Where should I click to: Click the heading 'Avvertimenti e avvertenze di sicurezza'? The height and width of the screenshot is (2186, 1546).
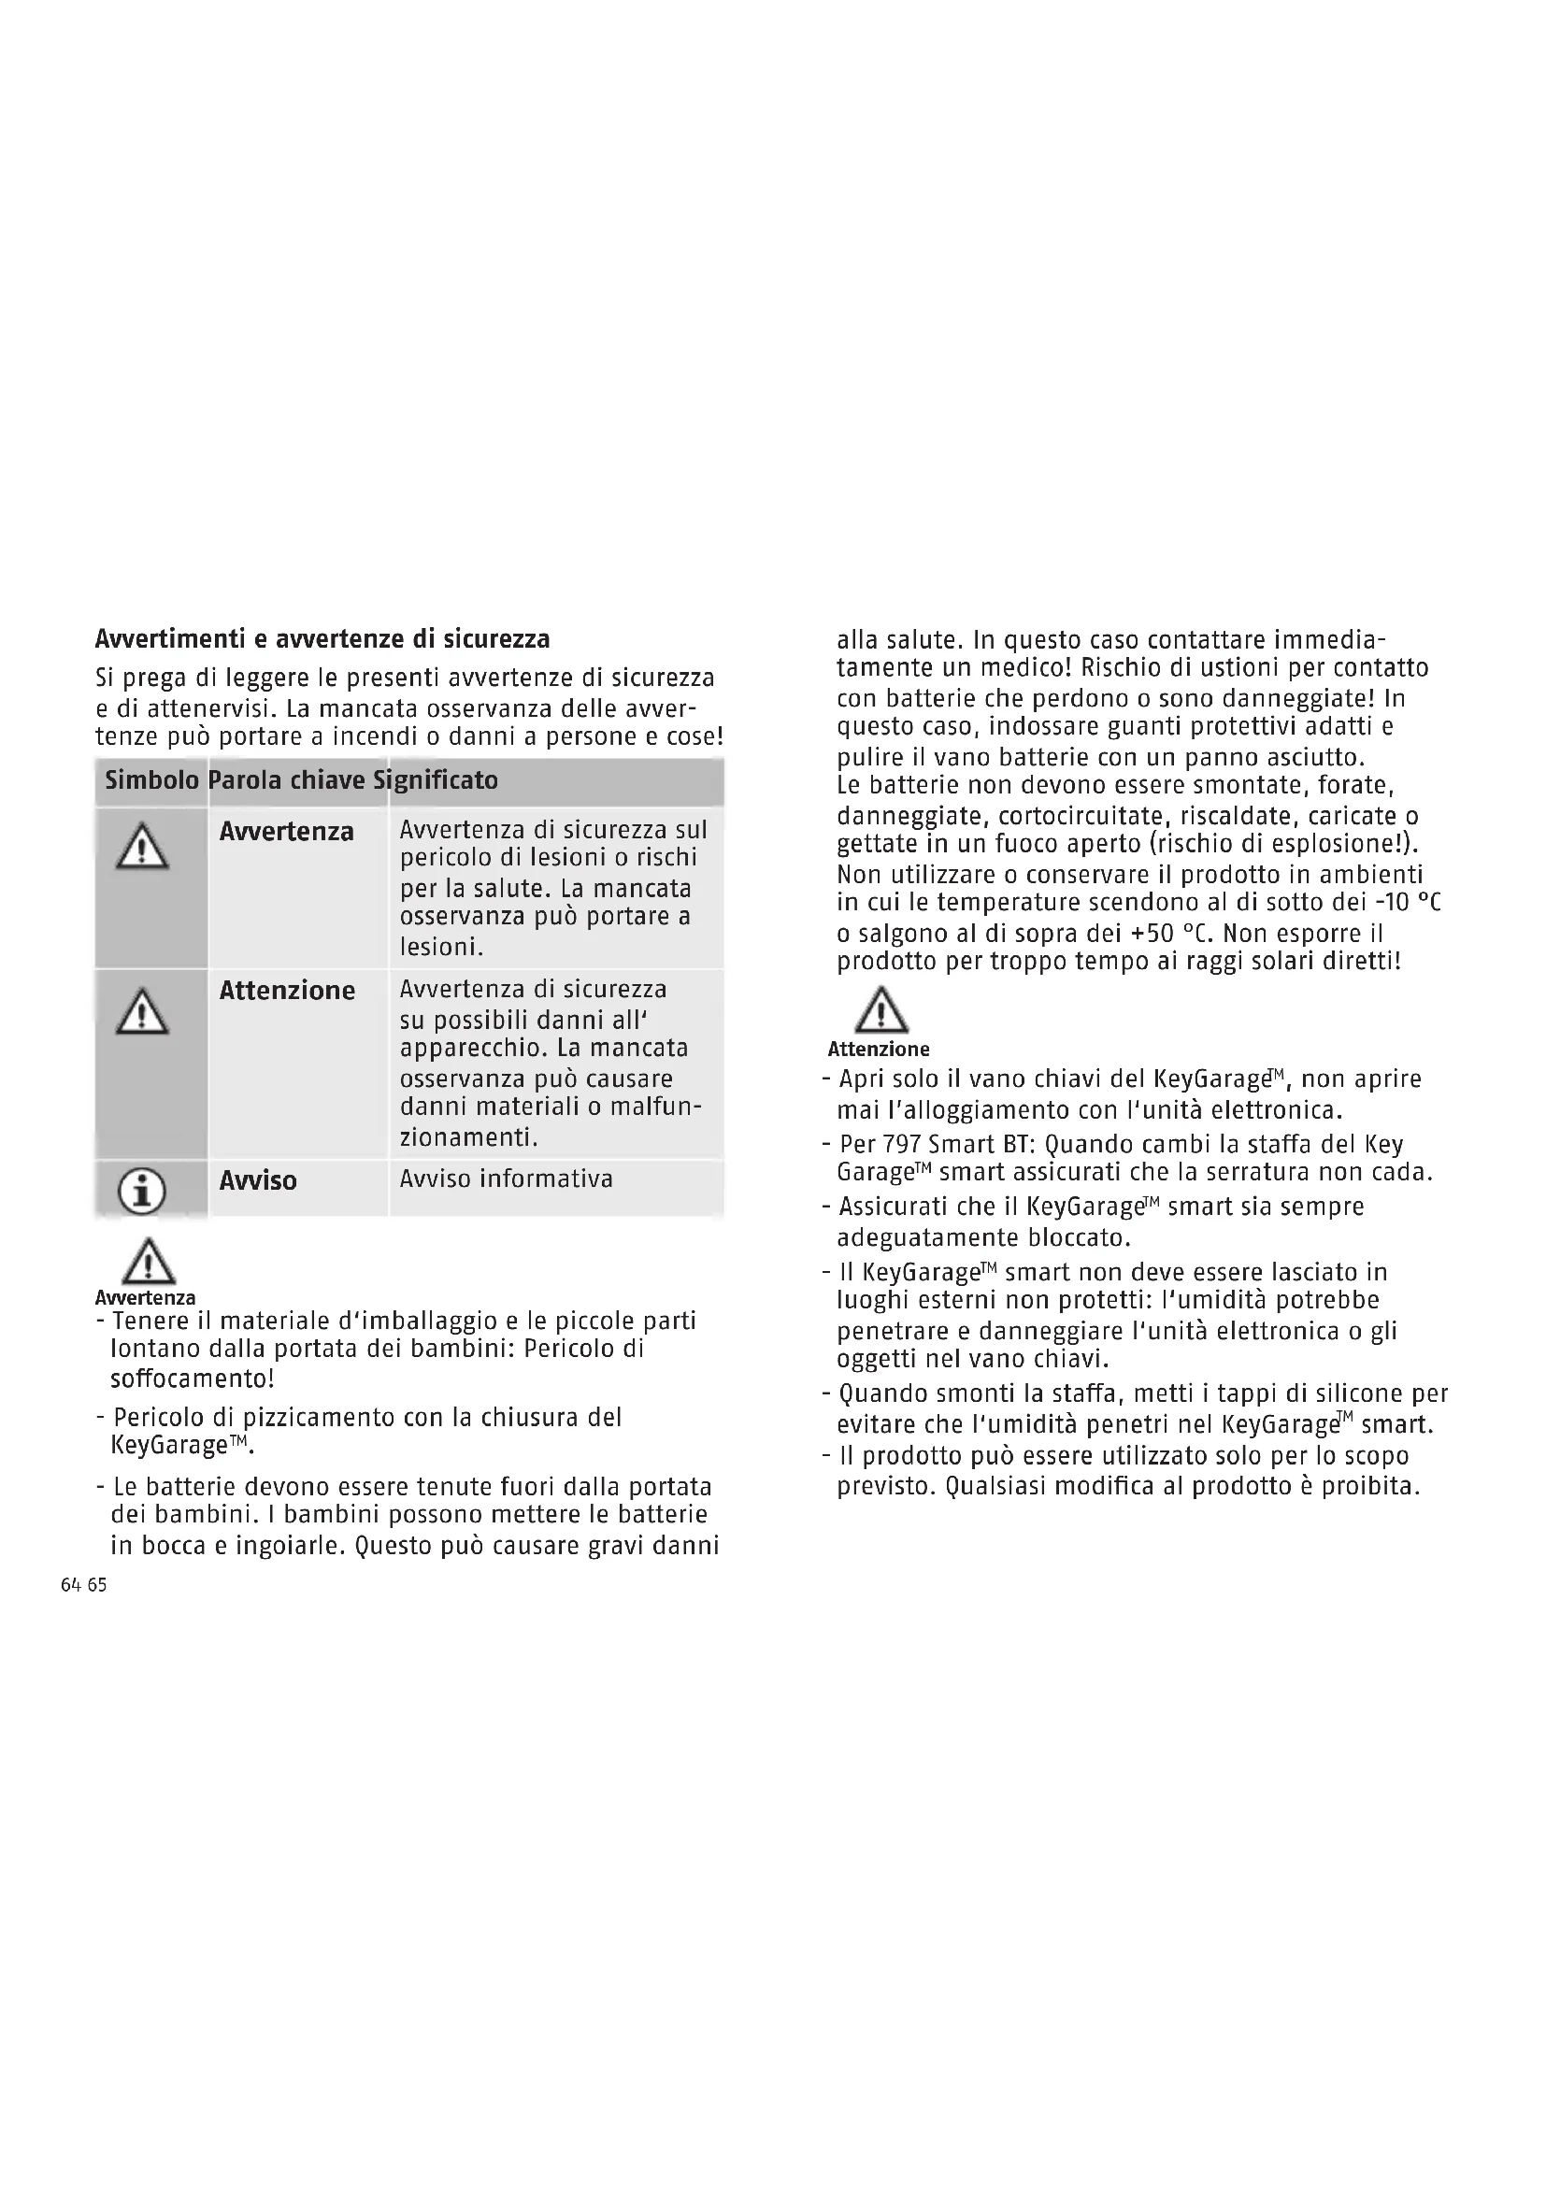pos(322,638)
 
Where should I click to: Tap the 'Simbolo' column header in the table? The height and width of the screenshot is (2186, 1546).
pos(151,780)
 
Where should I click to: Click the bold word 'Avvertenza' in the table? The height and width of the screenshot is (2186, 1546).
pos(287,832)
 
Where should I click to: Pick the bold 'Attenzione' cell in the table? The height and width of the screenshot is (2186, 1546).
pos(288,991)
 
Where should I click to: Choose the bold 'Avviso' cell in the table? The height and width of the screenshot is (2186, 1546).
pos(258,1181)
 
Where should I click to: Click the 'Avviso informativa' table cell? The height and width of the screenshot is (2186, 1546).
pos(506,1179)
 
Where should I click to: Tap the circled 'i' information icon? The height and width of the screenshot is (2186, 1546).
pos(142,1191)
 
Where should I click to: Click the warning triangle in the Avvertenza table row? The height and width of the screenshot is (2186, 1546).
pos(142,847)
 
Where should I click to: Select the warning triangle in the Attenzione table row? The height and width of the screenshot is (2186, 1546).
pos(142,1011)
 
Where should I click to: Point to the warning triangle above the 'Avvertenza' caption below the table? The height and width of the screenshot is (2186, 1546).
pos(149,1263)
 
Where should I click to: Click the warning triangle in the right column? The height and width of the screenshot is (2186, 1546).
pos(880,1011)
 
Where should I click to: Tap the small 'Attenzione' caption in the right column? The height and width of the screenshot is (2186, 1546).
pos(878,1050)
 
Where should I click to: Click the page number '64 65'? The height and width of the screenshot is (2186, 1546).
pos(84,1585)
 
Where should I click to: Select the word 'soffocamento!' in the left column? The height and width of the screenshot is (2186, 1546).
pos(193,1379)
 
